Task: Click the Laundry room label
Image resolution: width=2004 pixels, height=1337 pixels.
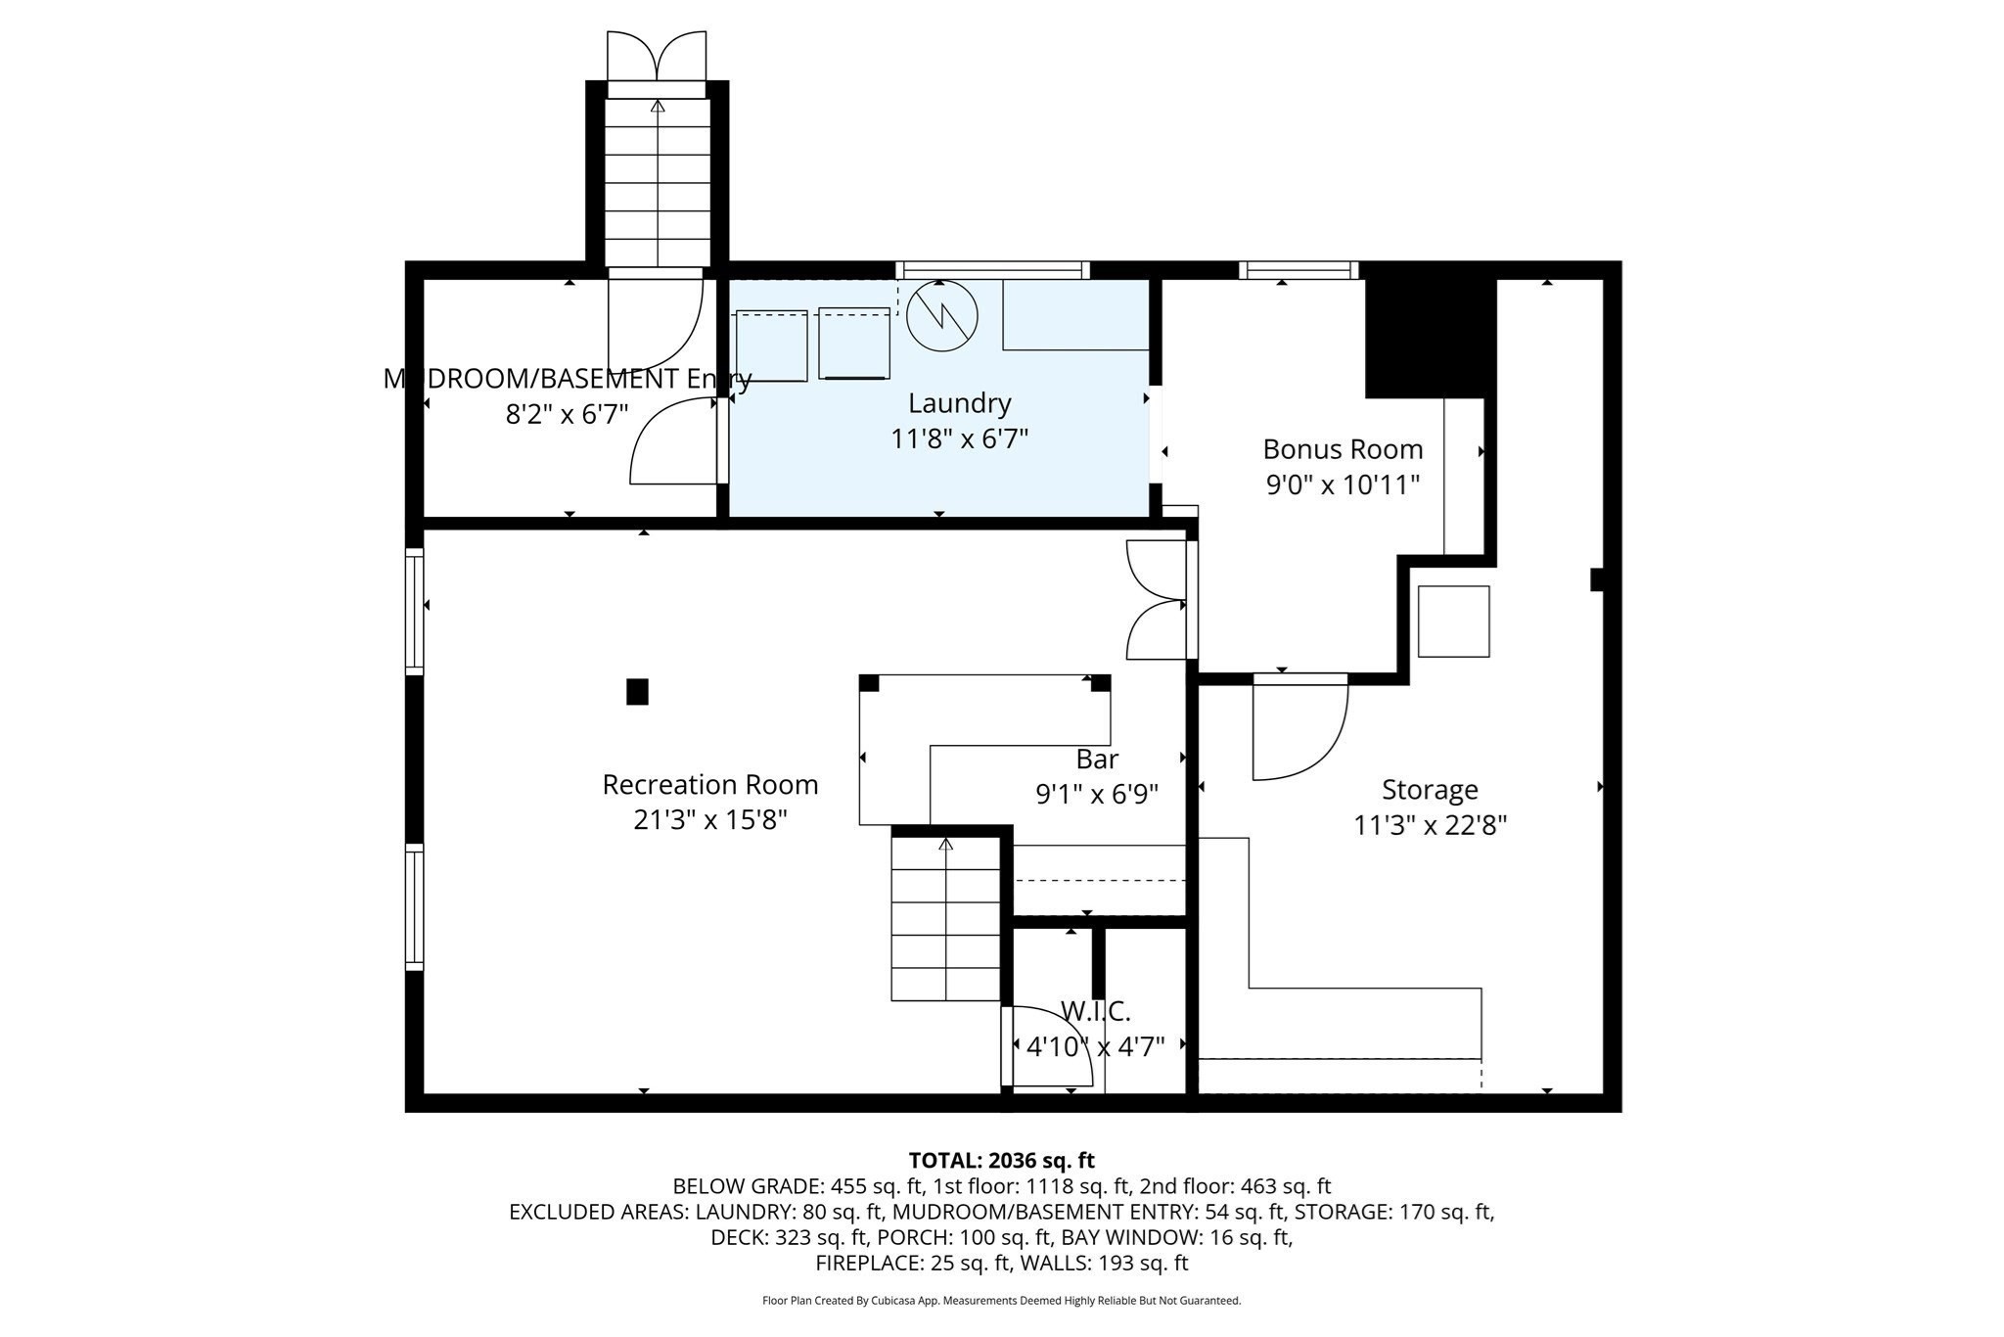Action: point(959,403)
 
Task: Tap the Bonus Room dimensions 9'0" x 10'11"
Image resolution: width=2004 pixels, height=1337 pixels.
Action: point(1343,484)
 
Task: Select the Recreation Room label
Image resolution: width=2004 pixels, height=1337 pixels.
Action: point(709,785)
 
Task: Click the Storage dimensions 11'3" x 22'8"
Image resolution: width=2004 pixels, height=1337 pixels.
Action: point(1430,825)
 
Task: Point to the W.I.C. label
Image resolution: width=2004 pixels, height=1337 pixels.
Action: point(1095,1012)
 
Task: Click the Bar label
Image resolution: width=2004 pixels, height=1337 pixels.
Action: point(1097,759)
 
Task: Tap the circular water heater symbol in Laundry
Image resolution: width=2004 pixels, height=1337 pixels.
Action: point(941,315)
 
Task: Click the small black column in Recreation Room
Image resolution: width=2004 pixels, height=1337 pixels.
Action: point(637,692)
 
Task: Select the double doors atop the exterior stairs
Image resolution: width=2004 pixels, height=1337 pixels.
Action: point(657,57)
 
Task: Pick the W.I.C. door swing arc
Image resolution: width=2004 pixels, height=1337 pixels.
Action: point(1047,1047)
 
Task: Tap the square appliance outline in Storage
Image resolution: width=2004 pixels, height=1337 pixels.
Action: point(1453,622)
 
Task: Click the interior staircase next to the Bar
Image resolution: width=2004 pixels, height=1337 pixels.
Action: point(945,920)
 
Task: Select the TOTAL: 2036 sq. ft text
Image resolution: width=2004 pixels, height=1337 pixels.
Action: point(1001,1161)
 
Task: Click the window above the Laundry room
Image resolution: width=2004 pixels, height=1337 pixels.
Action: point(992,270)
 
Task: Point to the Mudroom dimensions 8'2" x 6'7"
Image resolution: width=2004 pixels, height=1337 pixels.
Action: point(567,415)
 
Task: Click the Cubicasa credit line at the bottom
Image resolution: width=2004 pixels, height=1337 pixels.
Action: point(1001,1301)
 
